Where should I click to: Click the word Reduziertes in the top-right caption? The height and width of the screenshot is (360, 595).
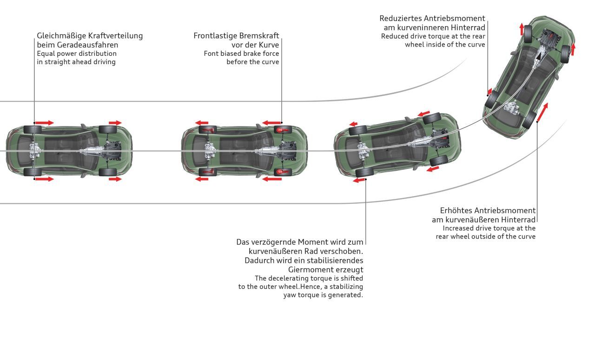tap(400, 18)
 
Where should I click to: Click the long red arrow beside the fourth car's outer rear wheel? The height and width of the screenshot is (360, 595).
tap(542, 112)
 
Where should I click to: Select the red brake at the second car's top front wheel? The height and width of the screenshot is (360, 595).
tap(283, 130)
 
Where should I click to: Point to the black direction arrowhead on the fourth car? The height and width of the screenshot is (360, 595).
tap(538, 56)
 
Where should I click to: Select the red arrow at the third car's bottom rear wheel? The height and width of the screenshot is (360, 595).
tap(359, 180)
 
